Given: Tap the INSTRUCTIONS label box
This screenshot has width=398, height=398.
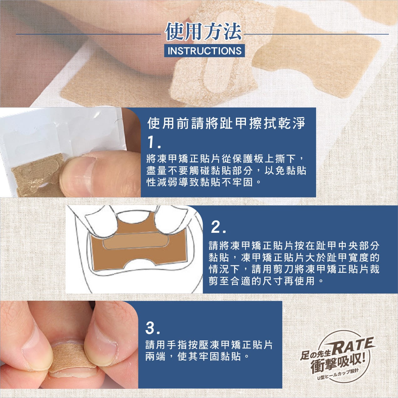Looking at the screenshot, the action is tap(204, 51).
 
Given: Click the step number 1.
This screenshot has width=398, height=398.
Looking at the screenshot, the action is tap(154, 143).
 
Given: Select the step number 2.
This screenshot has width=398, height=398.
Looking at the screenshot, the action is tap(218, 227).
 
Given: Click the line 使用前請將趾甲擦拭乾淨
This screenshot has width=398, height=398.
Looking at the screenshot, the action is tap(226, 124).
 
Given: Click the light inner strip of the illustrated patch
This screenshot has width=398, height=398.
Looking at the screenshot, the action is tap(136, 242).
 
